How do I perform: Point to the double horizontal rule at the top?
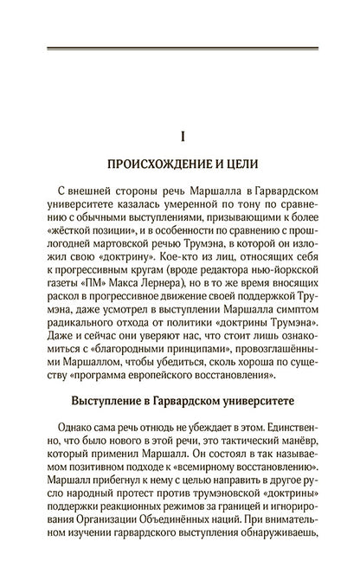click(180, 48)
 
